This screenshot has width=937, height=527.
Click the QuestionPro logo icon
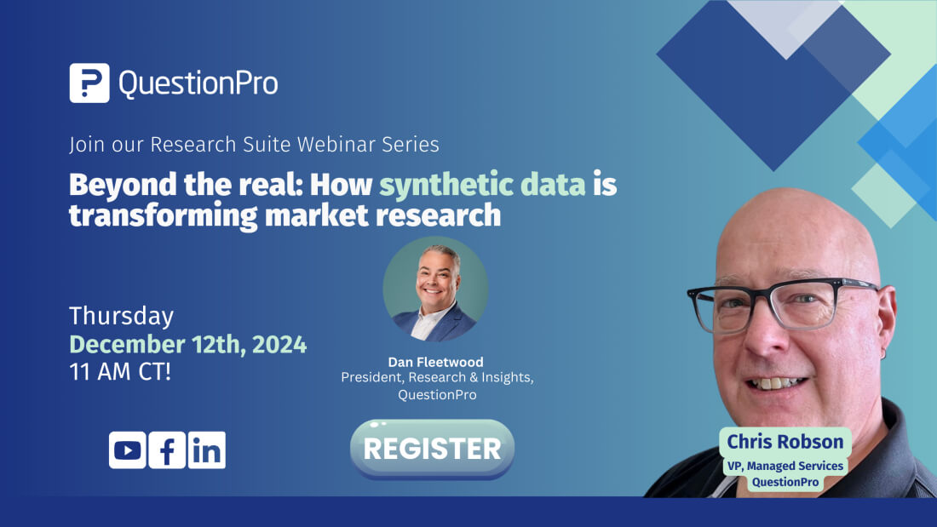click(89, 83)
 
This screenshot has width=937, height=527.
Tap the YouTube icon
click(128, 450)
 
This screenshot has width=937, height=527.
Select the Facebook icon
click(167, 450)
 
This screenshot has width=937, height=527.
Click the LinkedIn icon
click(206, 450)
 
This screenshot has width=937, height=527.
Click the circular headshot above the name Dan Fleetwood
click(435, 289)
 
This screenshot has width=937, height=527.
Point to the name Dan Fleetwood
click(435, 362)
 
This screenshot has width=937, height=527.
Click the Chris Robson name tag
click(785, 442)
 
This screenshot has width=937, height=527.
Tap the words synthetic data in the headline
click(483, 185)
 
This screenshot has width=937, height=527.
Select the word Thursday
click(121, 317)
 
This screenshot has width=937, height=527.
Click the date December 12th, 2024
click(187, 345)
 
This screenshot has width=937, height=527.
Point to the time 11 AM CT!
click(120, 372)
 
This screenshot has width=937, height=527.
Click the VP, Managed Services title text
click(785, 466)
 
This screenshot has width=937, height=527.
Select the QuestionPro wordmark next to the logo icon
click(198, 83)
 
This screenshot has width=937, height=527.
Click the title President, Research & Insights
click(437, 378)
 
